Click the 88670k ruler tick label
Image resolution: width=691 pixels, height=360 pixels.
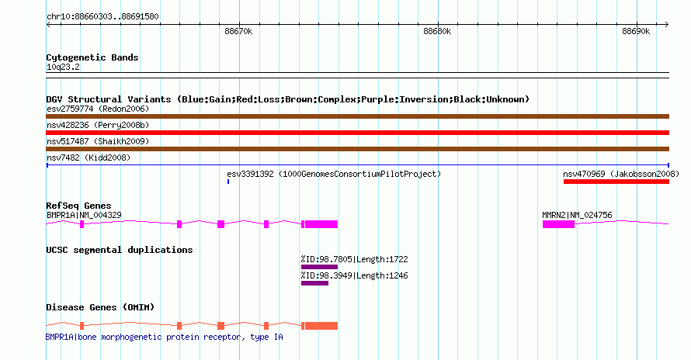238,32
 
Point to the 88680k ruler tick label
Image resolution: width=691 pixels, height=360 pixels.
437,32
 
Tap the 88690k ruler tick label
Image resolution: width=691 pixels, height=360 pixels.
636,32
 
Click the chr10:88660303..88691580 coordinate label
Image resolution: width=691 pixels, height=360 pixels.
102,16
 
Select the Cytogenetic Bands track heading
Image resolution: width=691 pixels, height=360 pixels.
92,57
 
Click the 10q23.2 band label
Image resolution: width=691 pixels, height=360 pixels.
63,67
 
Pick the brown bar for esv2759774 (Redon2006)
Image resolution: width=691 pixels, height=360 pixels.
357,116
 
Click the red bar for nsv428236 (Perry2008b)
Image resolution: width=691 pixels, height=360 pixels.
357,133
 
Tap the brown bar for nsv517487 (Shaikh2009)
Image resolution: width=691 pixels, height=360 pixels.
357,149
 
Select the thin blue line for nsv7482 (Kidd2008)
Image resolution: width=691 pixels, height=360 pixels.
357,165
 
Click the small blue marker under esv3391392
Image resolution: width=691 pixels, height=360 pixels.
228,182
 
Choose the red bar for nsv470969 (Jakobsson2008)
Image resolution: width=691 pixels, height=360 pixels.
616,182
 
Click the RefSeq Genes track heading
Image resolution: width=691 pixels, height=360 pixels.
78,206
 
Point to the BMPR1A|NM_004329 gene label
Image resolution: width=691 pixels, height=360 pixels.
84,215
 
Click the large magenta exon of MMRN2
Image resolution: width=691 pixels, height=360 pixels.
558,224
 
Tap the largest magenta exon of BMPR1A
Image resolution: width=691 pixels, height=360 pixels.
321,224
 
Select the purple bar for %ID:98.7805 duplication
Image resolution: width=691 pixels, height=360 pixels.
319,267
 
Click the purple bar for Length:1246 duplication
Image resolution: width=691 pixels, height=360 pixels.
314,283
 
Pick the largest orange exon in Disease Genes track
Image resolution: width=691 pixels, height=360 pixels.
321,326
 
